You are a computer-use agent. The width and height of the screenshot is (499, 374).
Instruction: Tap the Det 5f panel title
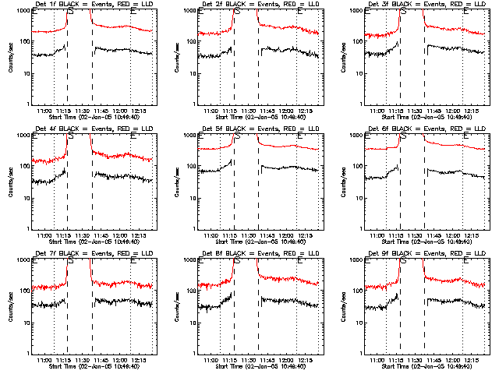coord(260,129)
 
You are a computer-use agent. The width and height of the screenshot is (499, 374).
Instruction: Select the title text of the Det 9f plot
coord(427,254)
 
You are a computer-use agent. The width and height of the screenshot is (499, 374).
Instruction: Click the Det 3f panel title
coord(427,5)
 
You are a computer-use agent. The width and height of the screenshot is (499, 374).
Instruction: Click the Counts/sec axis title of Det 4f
coord(10,182)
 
